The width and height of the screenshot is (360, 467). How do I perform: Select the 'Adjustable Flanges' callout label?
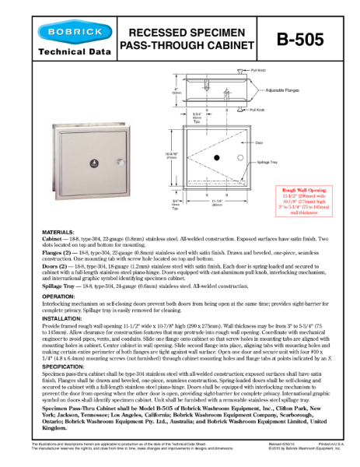tap(283, 90)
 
